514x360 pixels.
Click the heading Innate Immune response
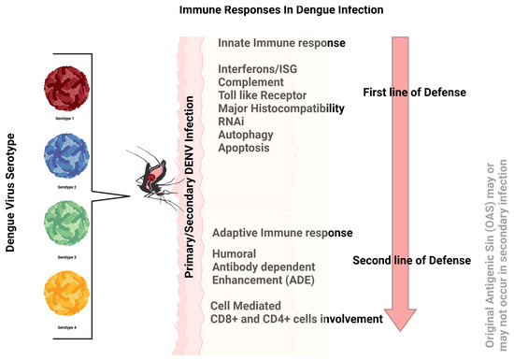pos(279,44)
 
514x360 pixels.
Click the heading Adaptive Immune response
pos(282,232)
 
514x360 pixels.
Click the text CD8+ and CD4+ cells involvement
pos(298,319)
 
